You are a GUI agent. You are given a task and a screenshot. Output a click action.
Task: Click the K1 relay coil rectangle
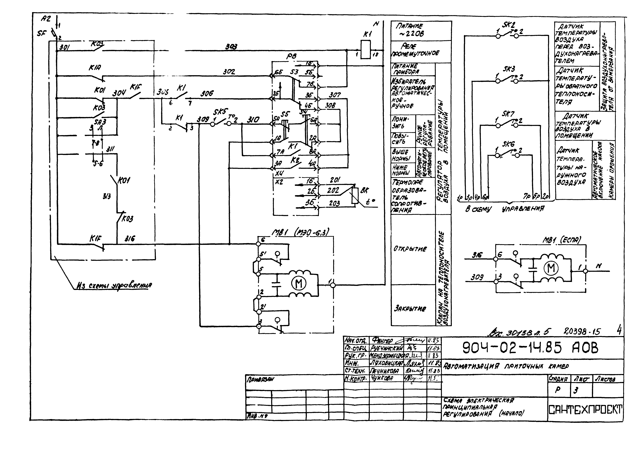point(365,49)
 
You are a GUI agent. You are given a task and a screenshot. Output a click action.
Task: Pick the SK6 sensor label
point(508,144)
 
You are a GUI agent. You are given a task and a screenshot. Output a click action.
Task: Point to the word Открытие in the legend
point(410,249)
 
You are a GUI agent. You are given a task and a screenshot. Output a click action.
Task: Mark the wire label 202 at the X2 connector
point(333,190)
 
